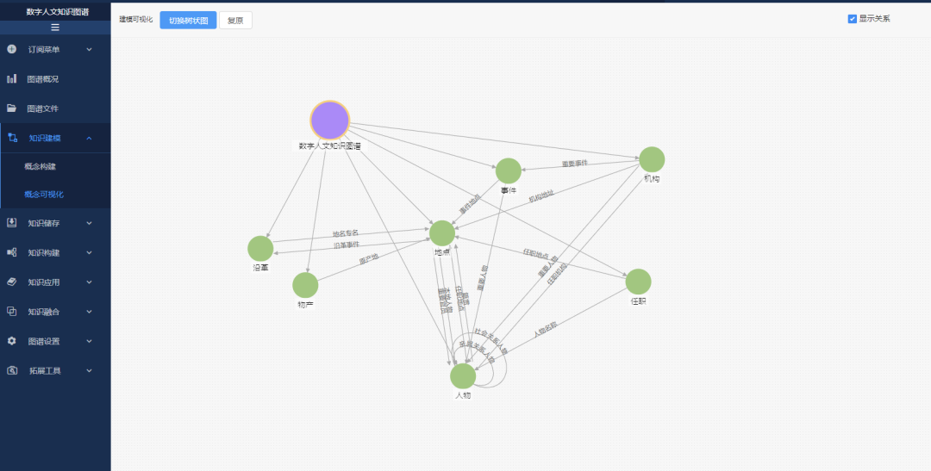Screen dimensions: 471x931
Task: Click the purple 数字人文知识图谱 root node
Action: pyautogui.click(x=329, y=121)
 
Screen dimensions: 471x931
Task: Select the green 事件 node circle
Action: pyautogui.click(x=509, y=171)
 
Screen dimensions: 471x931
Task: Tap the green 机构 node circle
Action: pyautogui.click(x=652, y=160)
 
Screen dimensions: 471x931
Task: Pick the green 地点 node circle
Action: pyautogui.click(x=442, y=233)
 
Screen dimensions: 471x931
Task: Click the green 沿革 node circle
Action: pyautogui.click(x=260, y=249)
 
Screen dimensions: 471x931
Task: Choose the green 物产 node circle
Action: pyautogui.click(x=305, y=285)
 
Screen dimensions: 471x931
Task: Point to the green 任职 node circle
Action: pyautogui.click(x=638, y=282)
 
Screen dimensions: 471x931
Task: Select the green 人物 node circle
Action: pyautogui.click(x=463, y=376)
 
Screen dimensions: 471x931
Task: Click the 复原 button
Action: pyautogui.click(x=235, y=20)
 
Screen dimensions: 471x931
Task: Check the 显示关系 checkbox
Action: pyautogui.click(x=853, y=18)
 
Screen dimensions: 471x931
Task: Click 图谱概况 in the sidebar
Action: pyautogui.click(x=42, y=79)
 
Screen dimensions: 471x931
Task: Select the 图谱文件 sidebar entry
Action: pyautogui.click(x=42, y=108)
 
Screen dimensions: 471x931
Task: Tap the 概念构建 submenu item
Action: pyautogui.click(x=40, y=166)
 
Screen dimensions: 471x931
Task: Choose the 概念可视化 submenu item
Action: pyautogui.click(x=44, y=195)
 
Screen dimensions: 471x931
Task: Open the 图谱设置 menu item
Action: pyautogui.click(x=44, y=341)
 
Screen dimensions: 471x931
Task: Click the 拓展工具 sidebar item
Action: pyautogui.click(x=44, y=371)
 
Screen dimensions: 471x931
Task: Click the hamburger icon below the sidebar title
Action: pyautogui.click(x=55, y=28)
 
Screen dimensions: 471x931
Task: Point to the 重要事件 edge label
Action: pyautogui.click(x=575, y=164)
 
